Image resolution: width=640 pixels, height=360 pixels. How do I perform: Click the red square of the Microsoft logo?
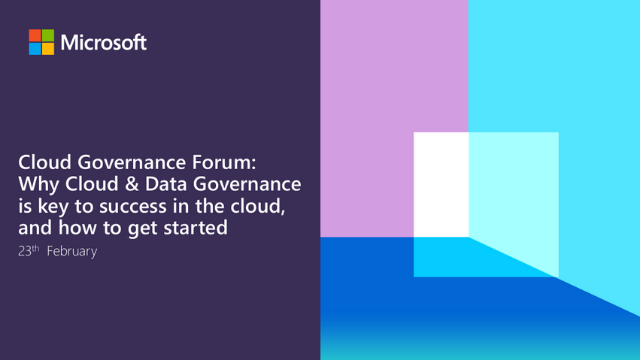tap(34, 35)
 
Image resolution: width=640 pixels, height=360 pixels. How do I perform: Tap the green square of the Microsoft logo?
tap(47, 35)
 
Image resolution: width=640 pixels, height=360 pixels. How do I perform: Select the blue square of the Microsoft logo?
tap(34, 48)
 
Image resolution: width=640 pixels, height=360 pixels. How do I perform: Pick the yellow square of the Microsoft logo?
tap(47, 48)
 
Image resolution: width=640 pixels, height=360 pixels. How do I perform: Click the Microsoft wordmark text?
tap(103, 42)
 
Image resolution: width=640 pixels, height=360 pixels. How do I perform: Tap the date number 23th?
tap(28, 251)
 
